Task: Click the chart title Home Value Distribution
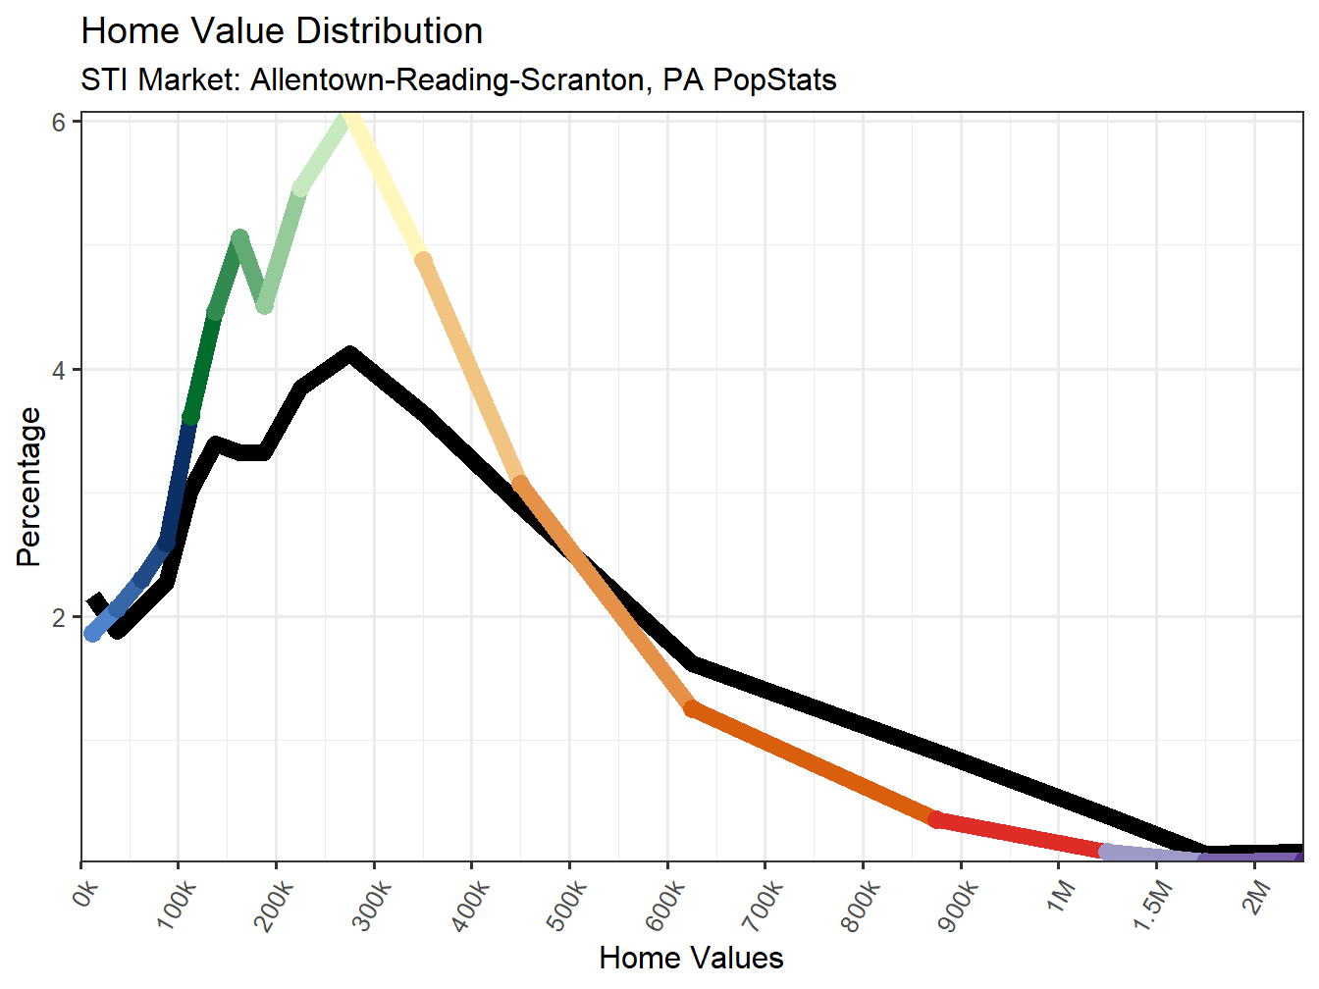282,31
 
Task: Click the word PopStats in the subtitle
774,79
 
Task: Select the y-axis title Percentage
29,487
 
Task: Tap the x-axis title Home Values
691,958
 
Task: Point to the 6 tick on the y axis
59,122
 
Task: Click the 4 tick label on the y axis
59,371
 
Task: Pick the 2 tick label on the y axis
59,618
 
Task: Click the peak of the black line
349,354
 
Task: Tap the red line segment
1021,835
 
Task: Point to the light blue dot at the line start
93,634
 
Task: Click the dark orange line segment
815,765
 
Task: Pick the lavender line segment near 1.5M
1153,855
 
